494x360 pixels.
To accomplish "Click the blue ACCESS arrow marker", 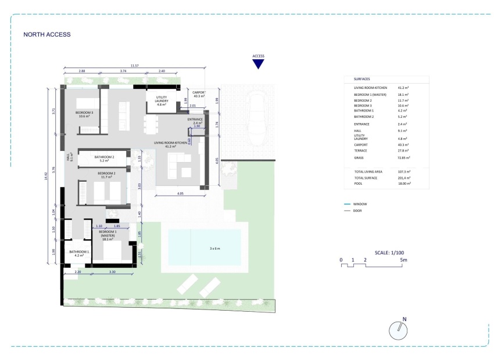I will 258,64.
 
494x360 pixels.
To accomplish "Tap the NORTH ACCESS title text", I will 46,34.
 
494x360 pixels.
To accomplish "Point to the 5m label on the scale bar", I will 404,260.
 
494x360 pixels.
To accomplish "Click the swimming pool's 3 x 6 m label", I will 214,249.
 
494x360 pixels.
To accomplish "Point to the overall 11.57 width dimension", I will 134,66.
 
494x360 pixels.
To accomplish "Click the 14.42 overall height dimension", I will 47,175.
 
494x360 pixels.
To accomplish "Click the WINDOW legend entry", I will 360,204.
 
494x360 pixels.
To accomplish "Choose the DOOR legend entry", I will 357,210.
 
